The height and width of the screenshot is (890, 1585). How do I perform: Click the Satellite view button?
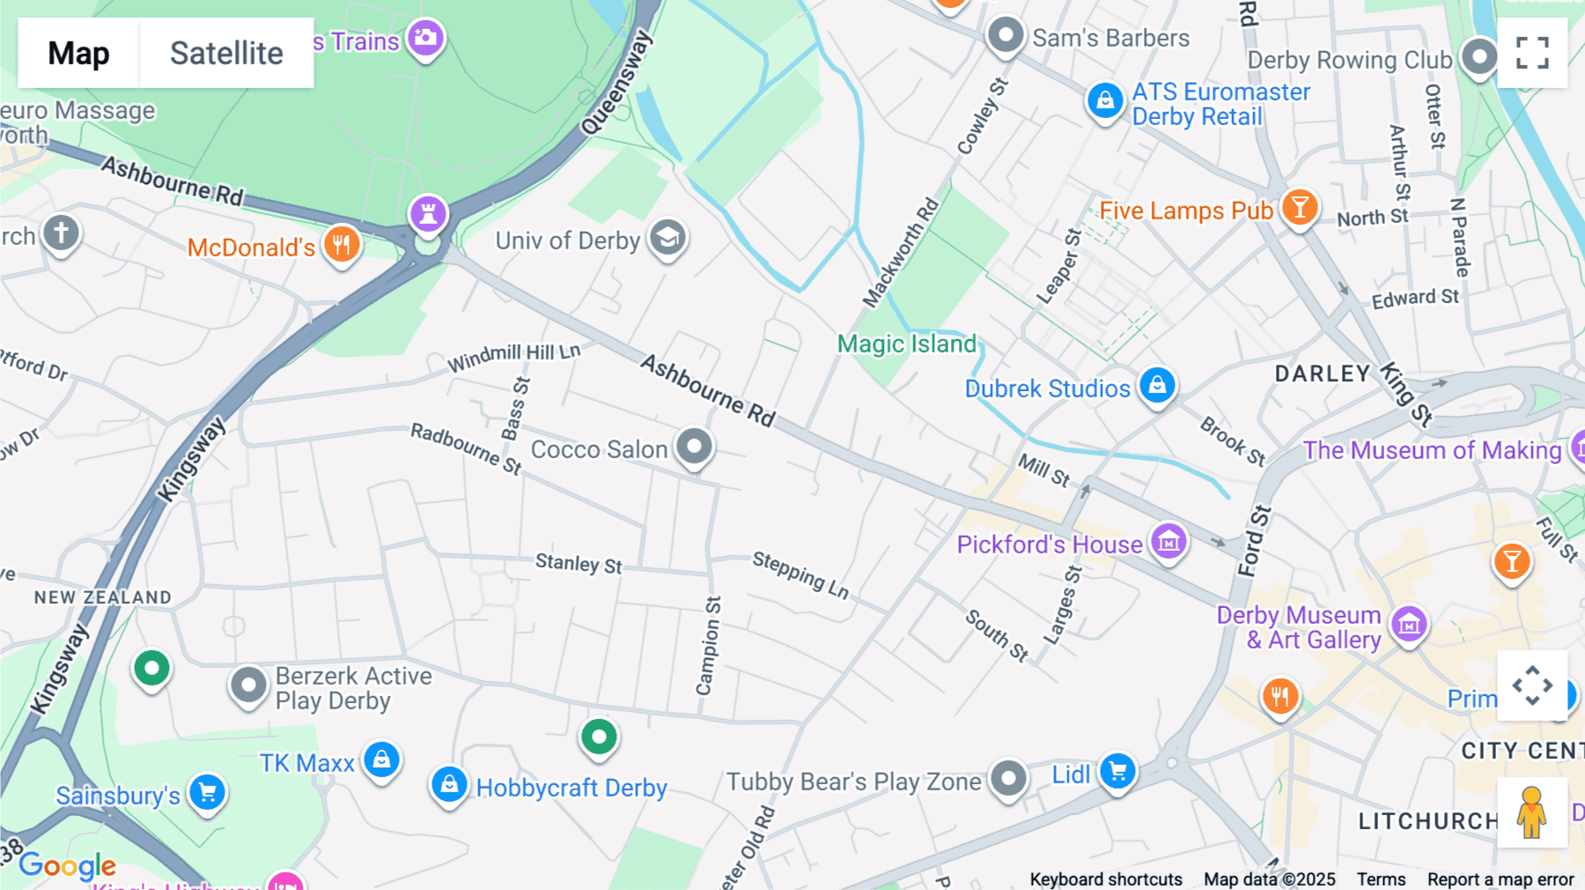tap(226, 53)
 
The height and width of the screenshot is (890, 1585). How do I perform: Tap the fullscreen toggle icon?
tap(1532, 53)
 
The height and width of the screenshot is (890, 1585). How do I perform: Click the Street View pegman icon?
tap(1532, 812)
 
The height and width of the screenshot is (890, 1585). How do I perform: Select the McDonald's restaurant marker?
tap(342, 243)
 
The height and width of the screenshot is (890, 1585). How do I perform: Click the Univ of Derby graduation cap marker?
tap(667, 238)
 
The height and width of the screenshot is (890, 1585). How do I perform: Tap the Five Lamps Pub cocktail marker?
tap(1299, 208)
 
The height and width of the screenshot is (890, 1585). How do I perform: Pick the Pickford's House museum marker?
tap(1168, 542)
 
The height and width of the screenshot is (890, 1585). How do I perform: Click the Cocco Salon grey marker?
tap(694, 446)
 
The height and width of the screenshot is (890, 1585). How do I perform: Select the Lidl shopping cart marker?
tap(1117, 772)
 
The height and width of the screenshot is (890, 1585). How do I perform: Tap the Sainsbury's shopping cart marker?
tap(207, 792)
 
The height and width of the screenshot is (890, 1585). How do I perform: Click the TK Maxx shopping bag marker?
tap(381, 760)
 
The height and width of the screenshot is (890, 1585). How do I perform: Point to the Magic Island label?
tap(906, 344)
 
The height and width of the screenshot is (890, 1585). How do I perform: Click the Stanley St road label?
tap(579, 564)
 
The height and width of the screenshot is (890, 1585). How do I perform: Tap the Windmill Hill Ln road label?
tap(514, 357)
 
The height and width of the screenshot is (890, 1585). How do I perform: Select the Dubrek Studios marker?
tap(1157, 385)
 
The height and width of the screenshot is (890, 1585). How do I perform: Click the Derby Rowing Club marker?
tap(1478, 56)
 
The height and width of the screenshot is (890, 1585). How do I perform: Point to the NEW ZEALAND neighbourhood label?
tap(103, 597)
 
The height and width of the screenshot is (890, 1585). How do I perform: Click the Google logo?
tap(68, 866)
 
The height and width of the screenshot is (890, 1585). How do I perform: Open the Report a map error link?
tap(1500, 879)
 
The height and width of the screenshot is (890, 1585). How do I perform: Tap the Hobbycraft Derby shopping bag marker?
tap(448, 783)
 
